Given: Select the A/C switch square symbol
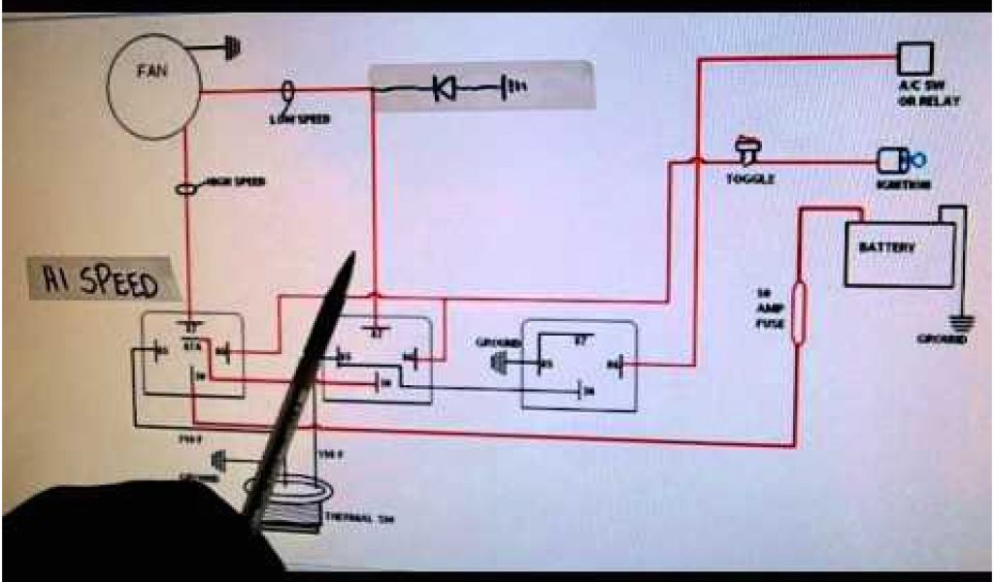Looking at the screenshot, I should coord(914,58).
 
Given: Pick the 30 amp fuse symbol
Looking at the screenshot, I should coord(798,312).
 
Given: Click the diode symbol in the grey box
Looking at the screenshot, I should coord(445,90).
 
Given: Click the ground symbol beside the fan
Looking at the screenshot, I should coord(229,46).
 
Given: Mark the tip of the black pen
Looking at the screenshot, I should coord(352,256).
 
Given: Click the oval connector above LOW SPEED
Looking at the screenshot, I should coord(287,92).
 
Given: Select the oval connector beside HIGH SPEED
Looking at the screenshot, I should coord(186,190).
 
